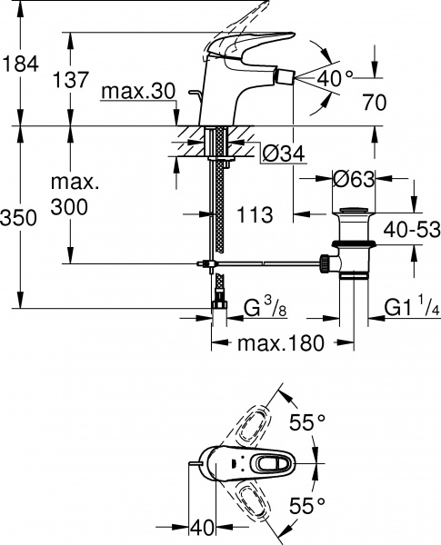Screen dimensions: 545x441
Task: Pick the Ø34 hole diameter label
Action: coord(282,154)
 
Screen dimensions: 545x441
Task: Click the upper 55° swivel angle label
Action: coord(307,422)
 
